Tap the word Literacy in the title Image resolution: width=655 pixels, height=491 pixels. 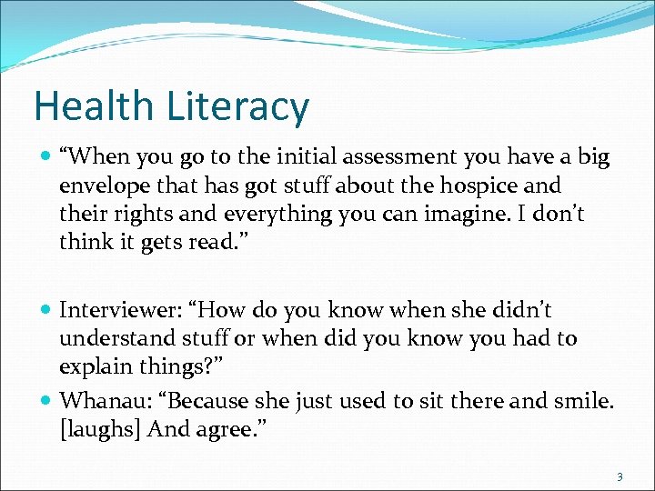pos(238,108)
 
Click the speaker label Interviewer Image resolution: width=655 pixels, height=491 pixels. pos(110,311)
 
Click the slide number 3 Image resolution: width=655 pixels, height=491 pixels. pos(619,476)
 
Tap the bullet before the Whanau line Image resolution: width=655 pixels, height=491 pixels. pos(45,398)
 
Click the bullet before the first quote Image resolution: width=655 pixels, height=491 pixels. pos(45,157)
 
